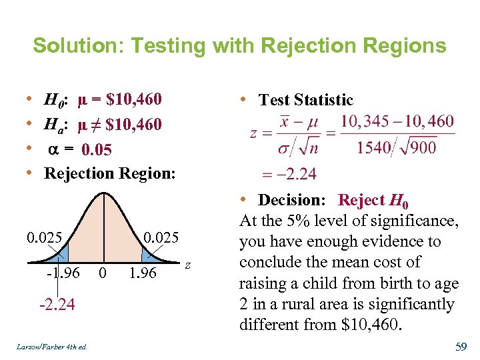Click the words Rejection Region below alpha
point(109,173)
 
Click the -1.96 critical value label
point(63,273)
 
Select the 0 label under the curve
point(102,273)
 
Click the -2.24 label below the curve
point(57,305)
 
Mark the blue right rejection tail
point(147,254)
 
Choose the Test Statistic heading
point(305,100)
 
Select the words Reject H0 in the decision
point(373,200)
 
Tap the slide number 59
point(460,347)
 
